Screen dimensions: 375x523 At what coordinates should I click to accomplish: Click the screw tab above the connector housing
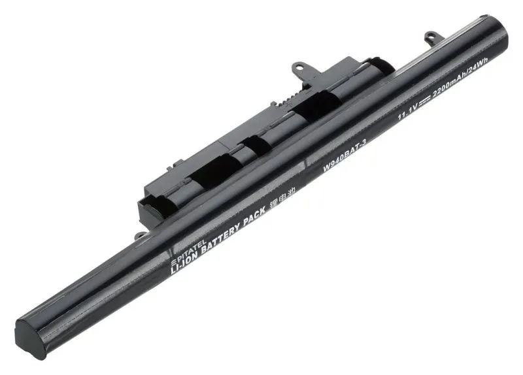(x=297, y=67)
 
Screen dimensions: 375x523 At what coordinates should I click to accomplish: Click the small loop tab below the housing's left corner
(x=140, y=235)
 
